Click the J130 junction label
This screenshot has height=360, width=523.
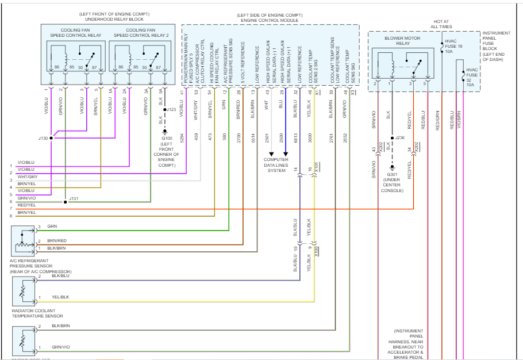point(44,138)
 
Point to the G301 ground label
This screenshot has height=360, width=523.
point(393,174)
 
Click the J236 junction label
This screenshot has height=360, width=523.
point(401,138)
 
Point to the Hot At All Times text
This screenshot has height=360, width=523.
point(441,24)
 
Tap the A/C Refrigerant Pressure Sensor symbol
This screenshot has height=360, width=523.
point(23,241)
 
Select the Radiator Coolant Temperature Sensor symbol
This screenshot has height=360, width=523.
point(23,292)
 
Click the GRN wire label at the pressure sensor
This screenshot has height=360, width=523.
point(52,227)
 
